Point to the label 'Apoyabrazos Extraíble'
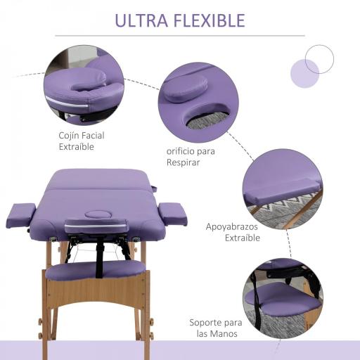pyautogui.click(x=233, y=232)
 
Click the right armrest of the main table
pyautogui.click(x=172, y=213)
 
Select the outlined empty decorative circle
pyautogui.click(x=320, y=58)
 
